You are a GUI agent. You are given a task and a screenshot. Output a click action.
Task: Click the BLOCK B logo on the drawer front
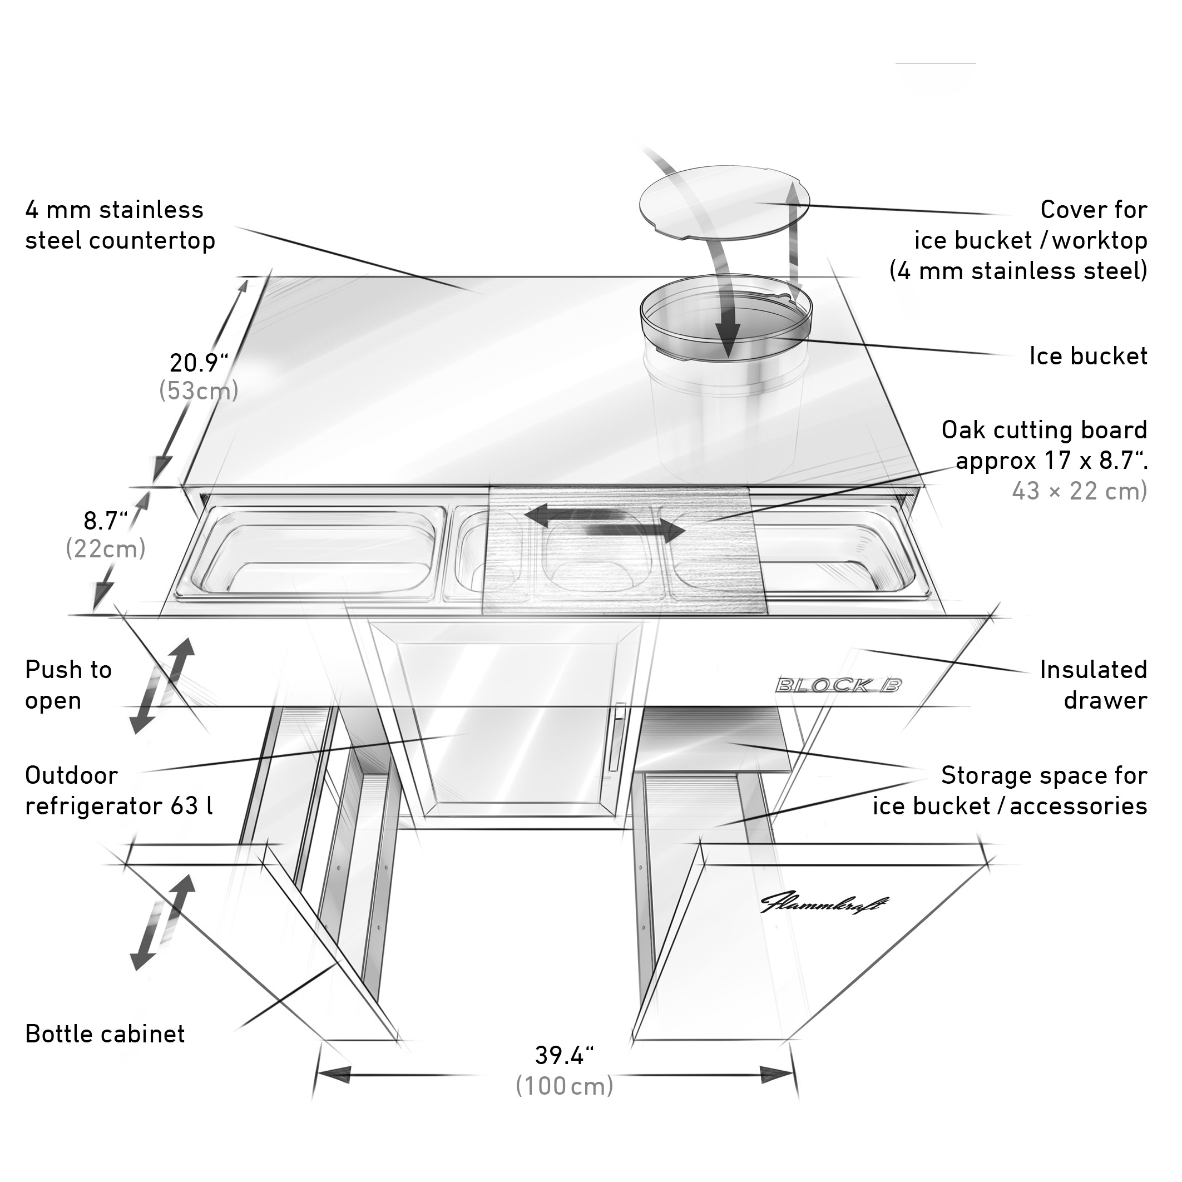pyautogui.click(x=838, y=685)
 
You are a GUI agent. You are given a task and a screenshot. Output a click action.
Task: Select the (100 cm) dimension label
pyautogui.click(x=564, y=1086)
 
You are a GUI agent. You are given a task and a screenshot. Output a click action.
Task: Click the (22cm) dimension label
pyautogui.click(x=106, y=549)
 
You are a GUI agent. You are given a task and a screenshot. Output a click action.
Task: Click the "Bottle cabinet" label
pyautogui.click(x=105, y=1034)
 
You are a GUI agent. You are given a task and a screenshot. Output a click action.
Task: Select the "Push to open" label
pyautogui.click(x=68, y=685)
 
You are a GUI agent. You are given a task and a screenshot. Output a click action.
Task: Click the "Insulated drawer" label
pyautogui.click(x=1094, y=685)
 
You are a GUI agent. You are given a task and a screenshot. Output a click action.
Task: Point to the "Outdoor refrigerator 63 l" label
pyautogui.click(x=119, y=790)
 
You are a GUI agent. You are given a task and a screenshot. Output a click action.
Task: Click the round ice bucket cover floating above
pyautogui.click(x=724, y=201)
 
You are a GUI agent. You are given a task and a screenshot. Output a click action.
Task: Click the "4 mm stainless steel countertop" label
pyautogui.click(x=120, y=225)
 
